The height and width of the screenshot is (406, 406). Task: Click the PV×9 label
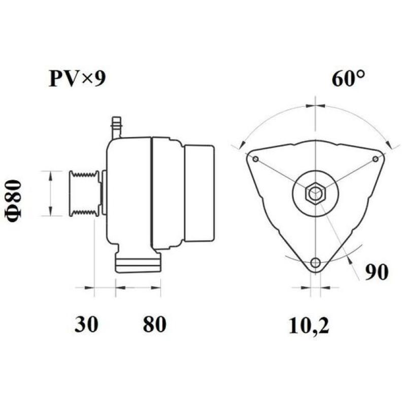click(78, 79)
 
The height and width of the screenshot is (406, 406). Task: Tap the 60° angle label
click(348, 79)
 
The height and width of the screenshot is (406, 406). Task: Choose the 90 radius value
click(376, 272)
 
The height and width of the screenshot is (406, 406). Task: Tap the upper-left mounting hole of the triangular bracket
click(255, 159)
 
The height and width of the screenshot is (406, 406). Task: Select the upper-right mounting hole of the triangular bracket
click(376, 159)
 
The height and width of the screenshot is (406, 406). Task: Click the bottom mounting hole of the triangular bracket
click(316, 262)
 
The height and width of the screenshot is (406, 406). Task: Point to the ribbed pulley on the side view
click(84, 193)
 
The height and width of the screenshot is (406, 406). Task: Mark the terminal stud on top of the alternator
click(116, 127)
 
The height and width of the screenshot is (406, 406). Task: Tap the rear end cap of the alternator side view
click(199, 193)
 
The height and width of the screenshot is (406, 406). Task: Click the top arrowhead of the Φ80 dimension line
click(50, 174)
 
